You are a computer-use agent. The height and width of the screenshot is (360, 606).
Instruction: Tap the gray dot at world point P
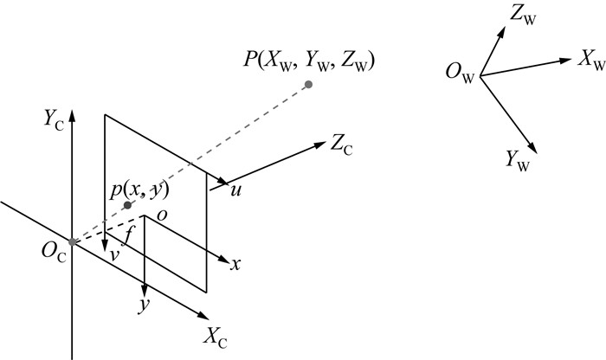(308, 84)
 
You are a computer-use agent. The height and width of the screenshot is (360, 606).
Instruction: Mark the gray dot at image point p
(127, 205)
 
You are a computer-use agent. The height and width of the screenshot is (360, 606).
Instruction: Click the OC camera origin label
(52, 251)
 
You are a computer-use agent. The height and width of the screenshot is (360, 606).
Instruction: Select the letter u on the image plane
(235, 190)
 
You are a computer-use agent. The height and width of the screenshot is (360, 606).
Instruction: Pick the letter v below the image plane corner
(112, 257)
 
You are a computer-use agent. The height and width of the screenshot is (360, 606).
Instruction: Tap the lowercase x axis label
(235, 264)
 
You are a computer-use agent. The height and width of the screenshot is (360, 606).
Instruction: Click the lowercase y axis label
(145, 307)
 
